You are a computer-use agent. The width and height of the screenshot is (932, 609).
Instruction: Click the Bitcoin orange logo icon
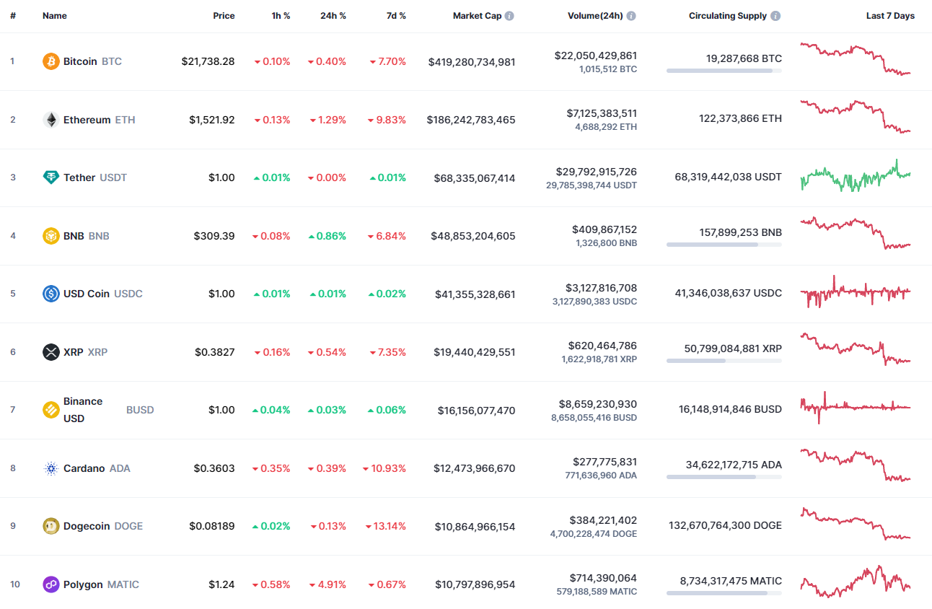pos(50,61)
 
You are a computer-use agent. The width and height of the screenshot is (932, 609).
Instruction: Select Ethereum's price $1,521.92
pos(211,120)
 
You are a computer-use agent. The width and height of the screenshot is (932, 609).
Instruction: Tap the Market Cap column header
pos(477,16)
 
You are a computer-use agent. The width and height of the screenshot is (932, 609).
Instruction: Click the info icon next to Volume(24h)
pos(631,16)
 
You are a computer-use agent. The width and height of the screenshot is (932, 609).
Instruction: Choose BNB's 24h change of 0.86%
pos(327,236)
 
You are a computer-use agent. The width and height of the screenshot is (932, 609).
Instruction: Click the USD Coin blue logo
pos(50,294)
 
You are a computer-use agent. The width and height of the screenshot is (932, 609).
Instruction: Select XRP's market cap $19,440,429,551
pos(474,352)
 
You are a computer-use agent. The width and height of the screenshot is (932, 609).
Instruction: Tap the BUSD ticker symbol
pos(140,410)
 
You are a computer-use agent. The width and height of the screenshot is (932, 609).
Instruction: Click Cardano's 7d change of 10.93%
pos(384,468)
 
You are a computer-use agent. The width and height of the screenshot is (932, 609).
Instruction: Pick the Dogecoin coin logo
pos(50,526)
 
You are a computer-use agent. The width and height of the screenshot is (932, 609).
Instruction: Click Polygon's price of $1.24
pos(221,584)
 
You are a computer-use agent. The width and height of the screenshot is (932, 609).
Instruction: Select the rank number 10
pos(14,584)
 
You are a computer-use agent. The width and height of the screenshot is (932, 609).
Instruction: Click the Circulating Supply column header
pos(727,16)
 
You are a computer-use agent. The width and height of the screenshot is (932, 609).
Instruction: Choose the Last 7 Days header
pos(889,16)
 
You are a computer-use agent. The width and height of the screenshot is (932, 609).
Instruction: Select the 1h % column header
pos(281,16)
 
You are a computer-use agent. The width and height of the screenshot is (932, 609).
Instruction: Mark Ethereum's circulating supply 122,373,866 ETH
pos(739,118)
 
